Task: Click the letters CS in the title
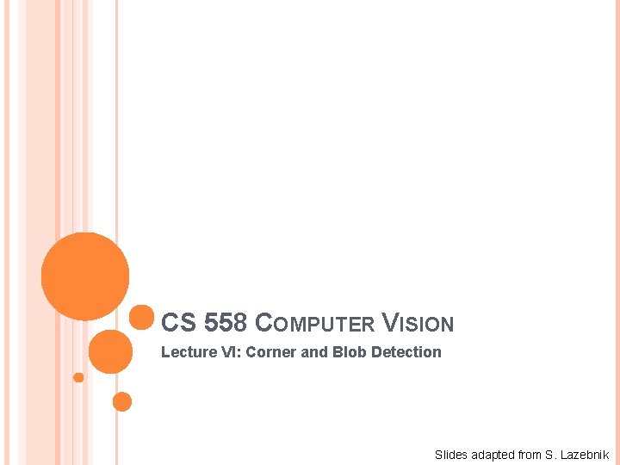[x=178, y=323]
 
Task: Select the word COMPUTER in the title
[x=316, y=324]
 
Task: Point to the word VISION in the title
[x=417, y=324]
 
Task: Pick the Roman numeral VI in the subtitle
[x=226, y=352]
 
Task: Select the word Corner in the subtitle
[x=270, y=352]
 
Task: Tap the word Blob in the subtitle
[x=349, y=352]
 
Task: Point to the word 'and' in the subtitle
[x=314, y=352]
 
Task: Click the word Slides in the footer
[x=449, y=455]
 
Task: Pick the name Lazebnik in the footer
[x=586, y=455]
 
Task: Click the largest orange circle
[x=85, y=276]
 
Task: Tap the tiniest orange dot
[x=78, y=377]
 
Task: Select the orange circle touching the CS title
[x=141, y=318]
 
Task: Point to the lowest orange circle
[x=122, y=401]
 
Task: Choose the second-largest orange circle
[x=110, y=351]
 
